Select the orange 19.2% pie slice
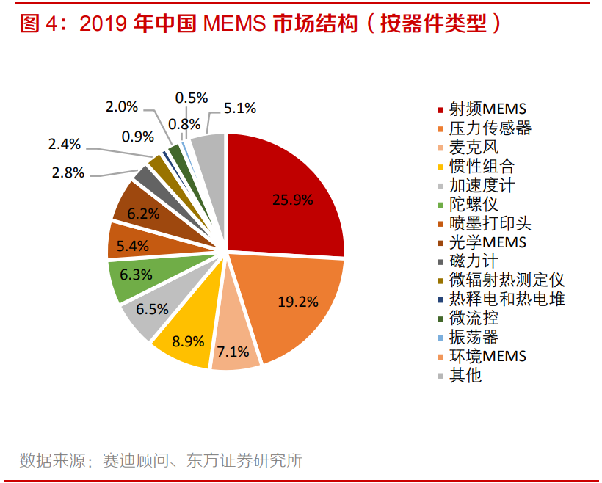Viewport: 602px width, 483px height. [294, 301]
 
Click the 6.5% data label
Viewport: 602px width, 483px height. [152, 310]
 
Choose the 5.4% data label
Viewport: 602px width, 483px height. [134, 246]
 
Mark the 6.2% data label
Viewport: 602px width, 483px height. [143, 214]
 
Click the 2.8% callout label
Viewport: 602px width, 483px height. [68, 173]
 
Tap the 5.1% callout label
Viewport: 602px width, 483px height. [240, 108]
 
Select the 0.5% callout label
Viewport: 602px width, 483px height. [192, 98]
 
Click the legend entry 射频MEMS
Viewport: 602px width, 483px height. [487, 109]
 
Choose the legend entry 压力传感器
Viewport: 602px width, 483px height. [490, 128]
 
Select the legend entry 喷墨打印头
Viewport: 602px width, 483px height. [490, 223]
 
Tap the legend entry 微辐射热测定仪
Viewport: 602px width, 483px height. [507, 280]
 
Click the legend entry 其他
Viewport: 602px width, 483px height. [465, 375]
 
